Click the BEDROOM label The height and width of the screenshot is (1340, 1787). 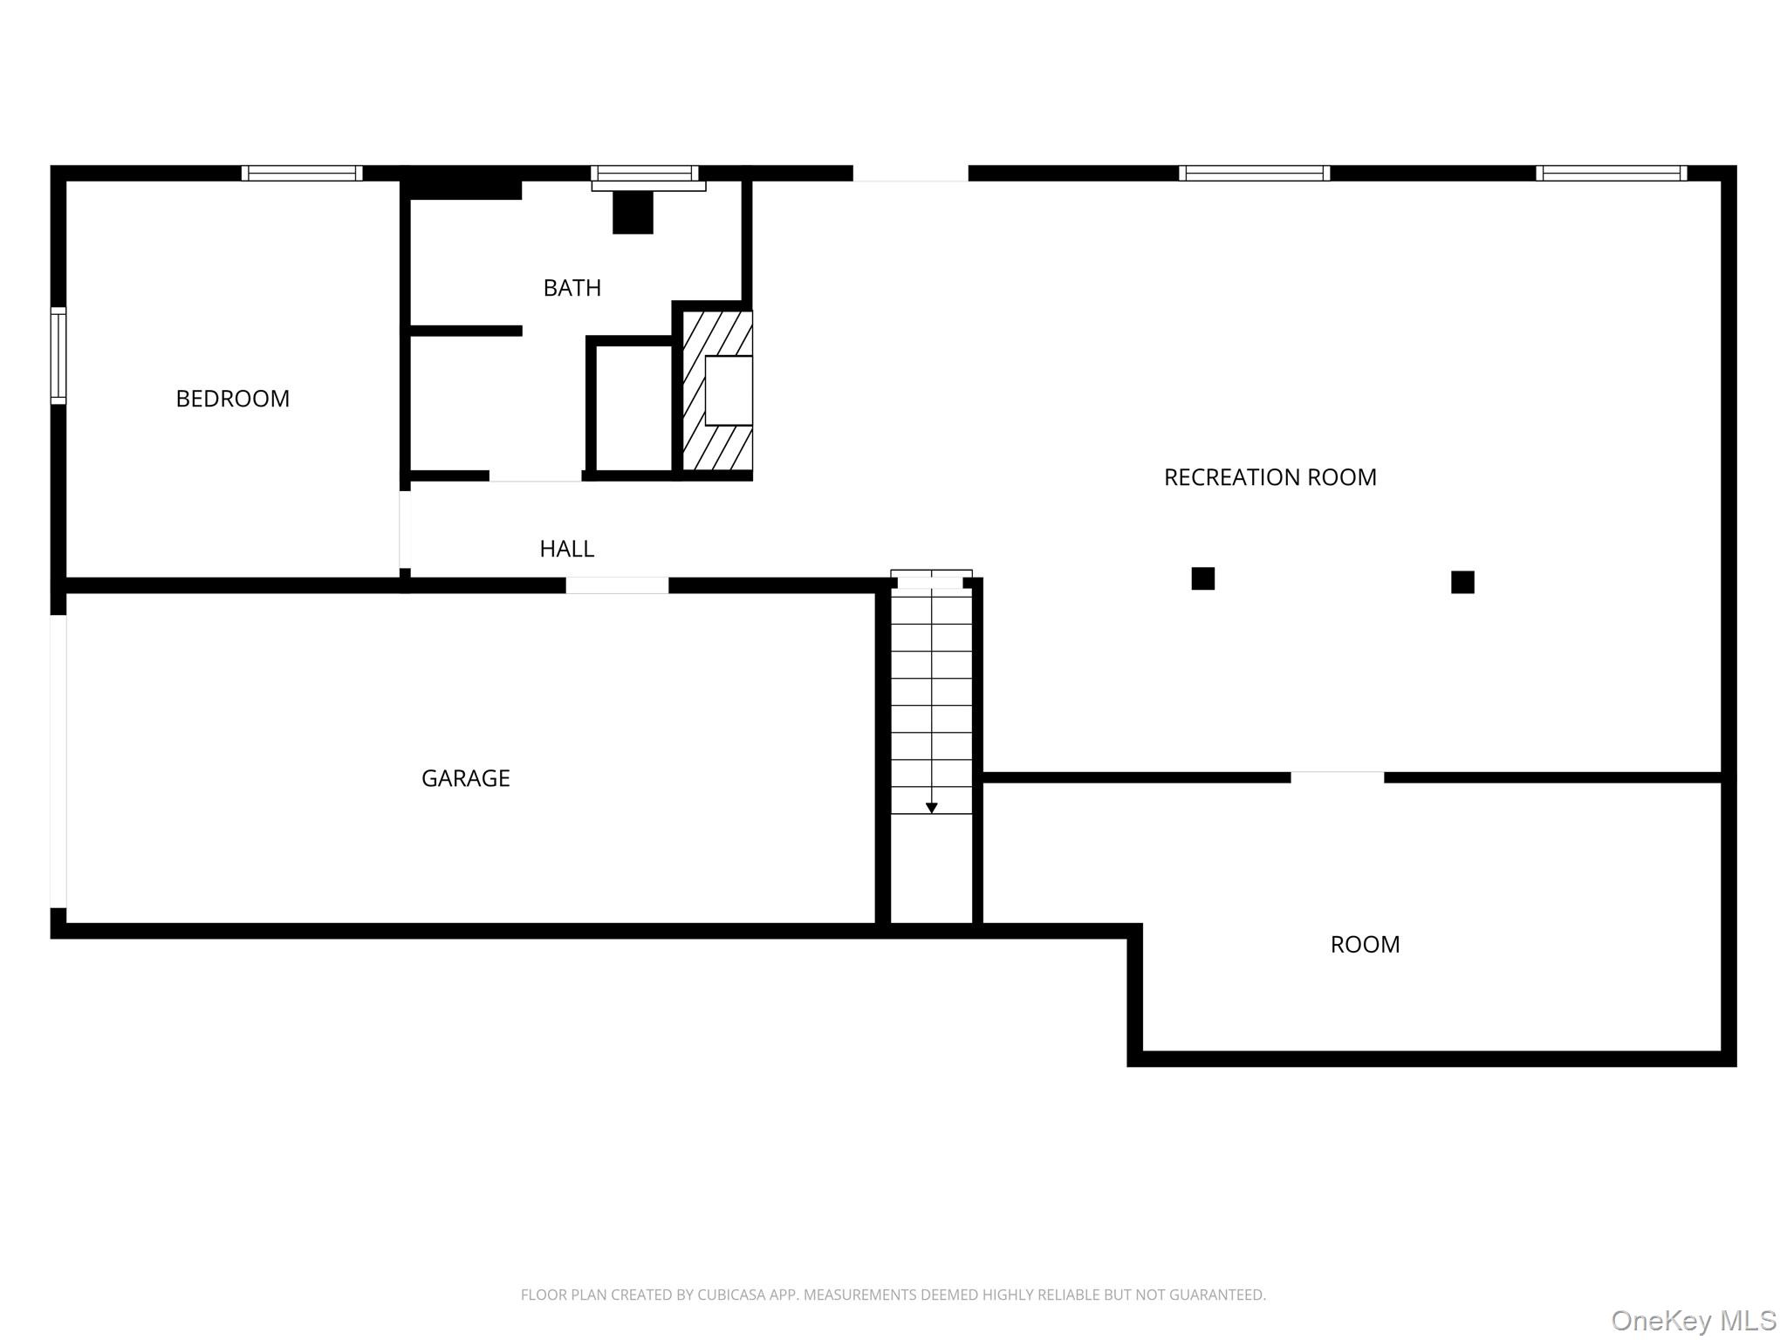(232, 399)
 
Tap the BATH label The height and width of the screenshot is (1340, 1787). (572, 288)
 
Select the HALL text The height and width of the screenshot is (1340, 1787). (566, 549)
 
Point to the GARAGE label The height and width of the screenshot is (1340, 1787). (465, 778)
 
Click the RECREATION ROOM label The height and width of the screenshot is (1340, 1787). (1270, 477)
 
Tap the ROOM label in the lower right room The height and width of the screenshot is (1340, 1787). (1365, 945)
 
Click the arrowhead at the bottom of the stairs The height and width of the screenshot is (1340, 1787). (931, 809)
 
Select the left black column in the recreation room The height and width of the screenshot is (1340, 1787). (1202, 578)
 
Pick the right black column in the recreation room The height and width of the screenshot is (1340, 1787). (1462, 582)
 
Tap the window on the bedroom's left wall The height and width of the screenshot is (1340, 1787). (58, 355)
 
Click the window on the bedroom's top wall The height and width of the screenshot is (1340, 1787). (302, 173)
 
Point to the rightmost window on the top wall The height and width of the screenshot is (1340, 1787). (1611, 173)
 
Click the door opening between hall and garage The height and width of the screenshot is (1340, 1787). (617, 585)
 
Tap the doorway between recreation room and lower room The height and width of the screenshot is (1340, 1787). (1337, 777)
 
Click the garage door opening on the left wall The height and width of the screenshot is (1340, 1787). (58, 762)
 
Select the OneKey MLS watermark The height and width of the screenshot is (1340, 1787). (1694, 1321)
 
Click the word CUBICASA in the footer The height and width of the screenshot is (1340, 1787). (731, 1295)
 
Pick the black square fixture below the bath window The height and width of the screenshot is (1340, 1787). (633, 213)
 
